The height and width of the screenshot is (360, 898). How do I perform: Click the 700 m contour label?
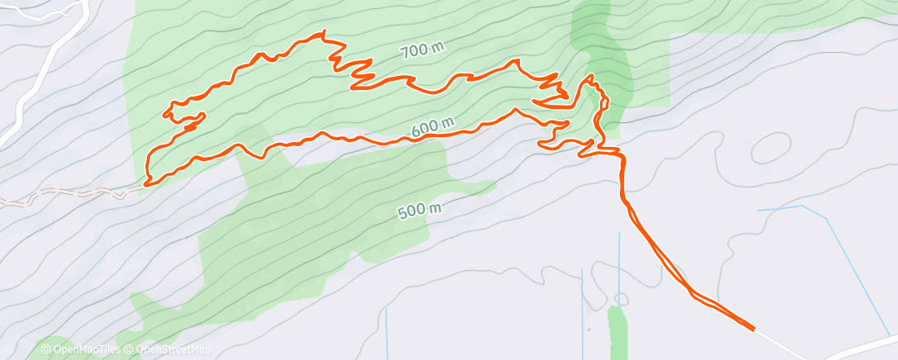pyautogui.click(x=422, y=51)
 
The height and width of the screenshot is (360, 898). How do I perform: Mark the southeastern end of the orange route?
pyautogui.click(x=753, y=329)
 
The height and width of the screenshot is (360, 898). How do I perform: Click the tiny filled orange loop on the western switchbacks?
pyautogui.click(x=189, y=127)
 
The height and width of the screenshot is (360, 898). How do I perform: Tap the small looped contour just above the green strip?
pyautogui.click(x=621, y=298)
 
